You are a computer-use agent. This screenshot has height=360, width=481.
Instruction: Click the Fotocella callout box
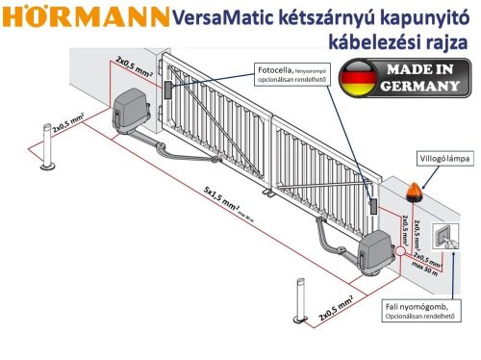tap(292, 74)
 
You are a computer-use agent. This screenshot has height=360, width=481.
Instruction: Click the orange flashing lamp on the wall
tap(416, 190)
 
